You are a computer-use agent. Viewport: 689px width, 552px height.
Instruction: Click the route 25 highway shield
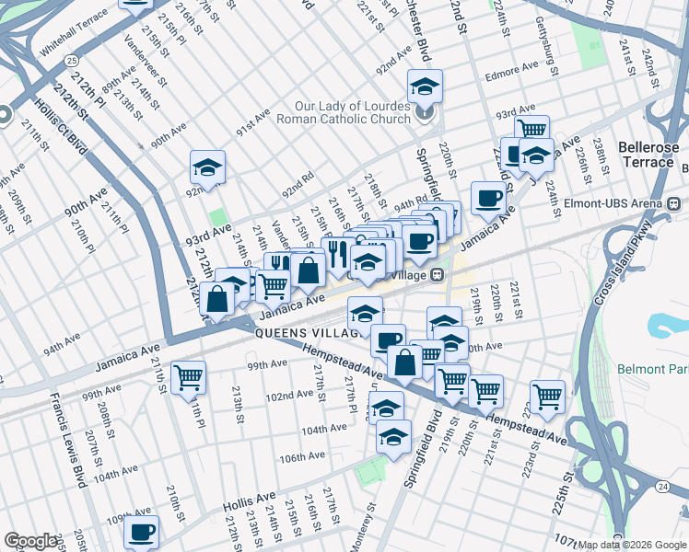click(72, 60)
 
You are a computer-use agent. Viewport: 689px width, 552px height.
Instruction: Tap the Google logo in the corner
click(31, 541)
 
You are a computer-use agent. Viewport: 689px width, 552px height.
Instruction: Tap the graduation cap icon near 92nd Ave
click(207, 167)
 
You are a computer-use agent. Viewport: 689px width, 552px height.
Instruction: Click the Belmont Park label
click(654, 369)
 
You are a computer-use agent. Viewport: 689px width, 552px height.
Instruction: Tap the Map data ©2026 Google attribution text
click(631, 545)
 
